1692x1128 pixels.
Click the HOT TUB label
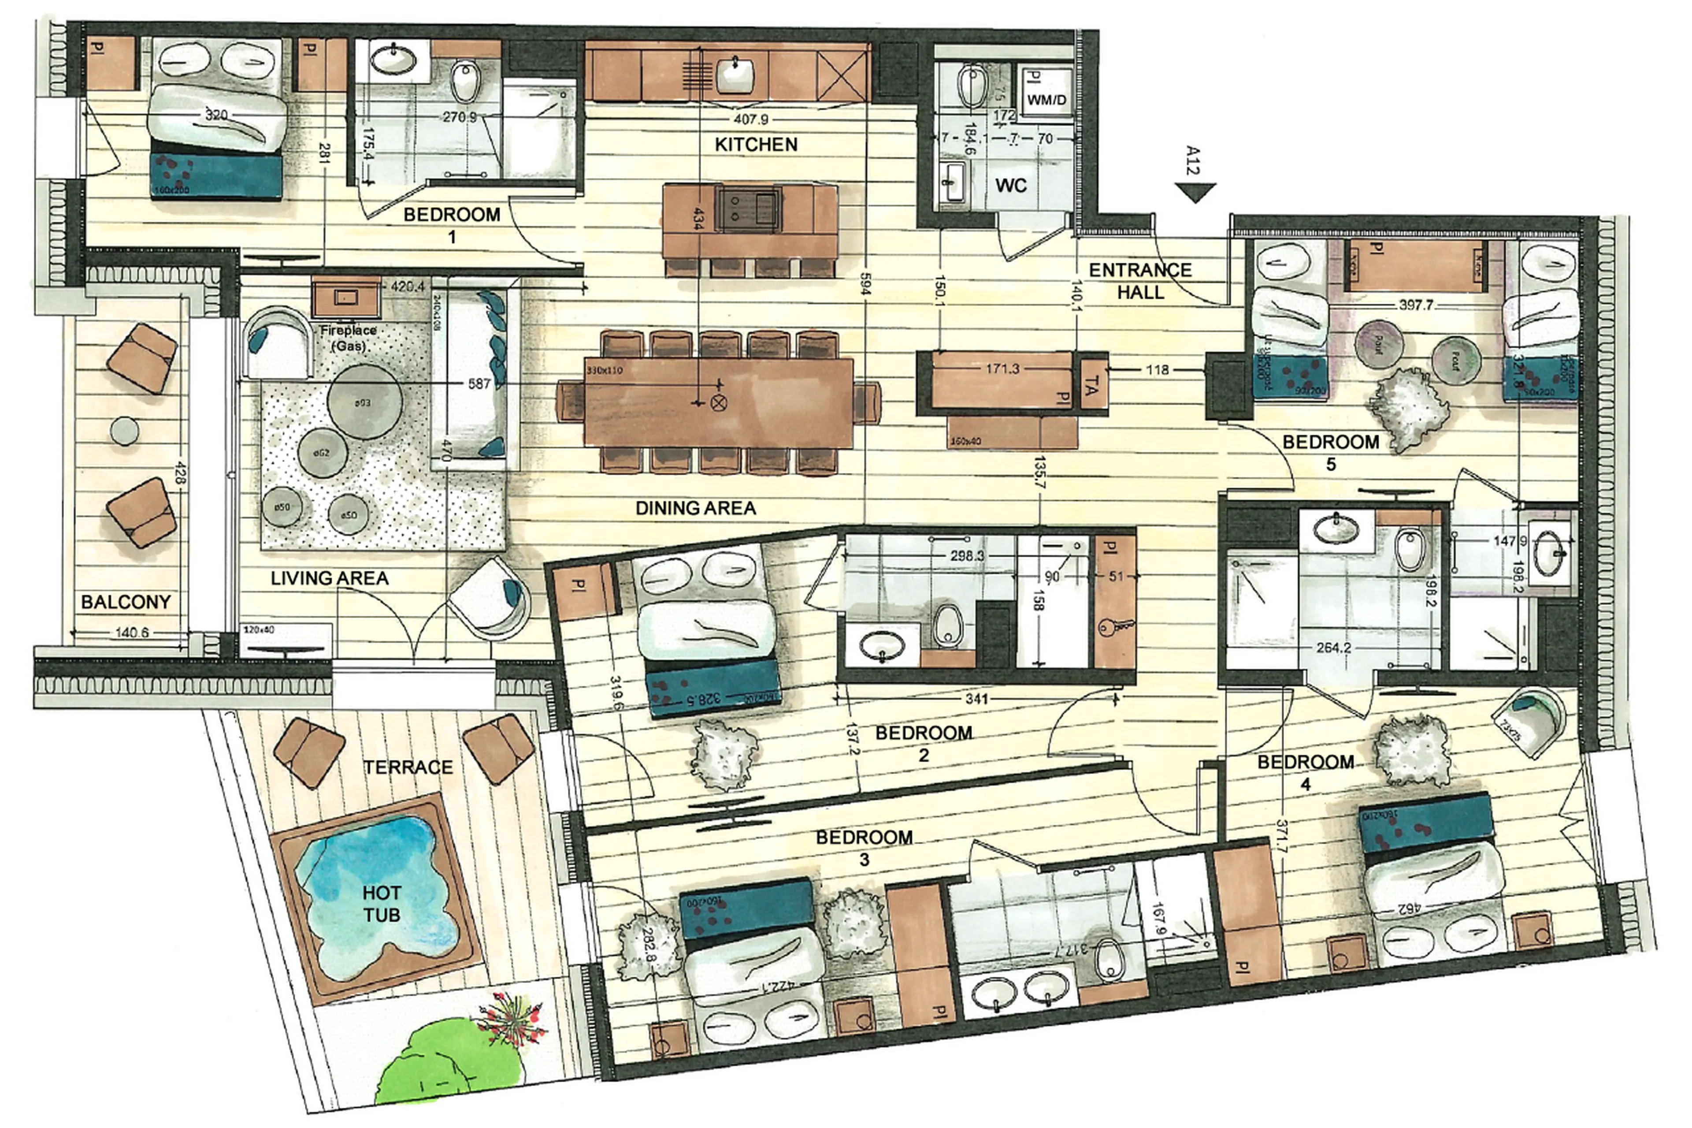tap(381, 904)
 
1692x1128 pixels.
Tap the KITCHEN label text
tap(756, 145)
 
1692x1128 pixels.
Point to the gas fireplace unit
tap(347, 296)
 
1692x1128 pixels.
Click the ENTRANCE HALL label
tap(1140, 280)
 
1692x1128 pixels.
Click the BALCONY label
tap(126, 601)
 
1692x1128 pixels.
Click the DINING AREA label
tap(695, 508)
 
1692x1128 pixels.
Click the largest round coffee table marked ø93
tap(364, 402)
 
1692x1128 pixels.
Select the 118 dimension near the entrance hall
tap(1157, 370)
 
